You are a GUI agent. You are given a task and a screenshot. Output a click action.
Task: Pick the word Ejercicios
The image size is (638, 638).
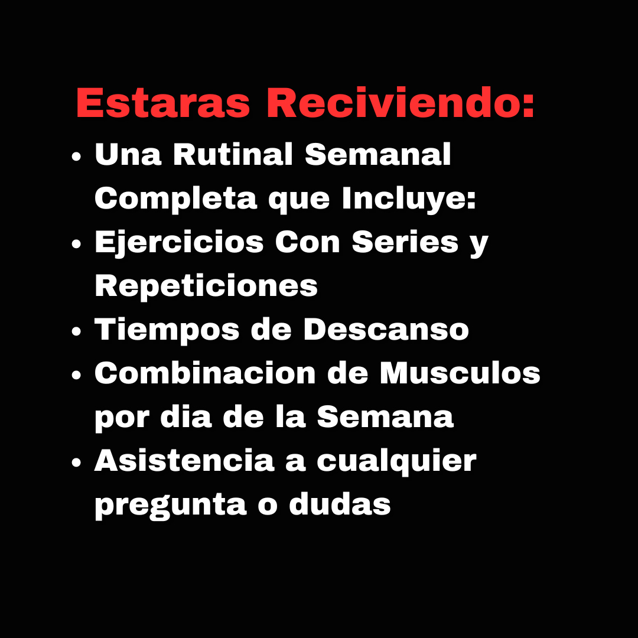point(179,243)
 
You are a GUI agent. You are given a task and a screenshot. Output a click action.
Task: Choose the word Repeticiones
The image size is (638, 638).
point(206,286)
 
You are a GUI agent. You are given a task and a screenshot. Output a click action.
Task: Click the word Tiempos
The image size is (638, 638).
point(167,330)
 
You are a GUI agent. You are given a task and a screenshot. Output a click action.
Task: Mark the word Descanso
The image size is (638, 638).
point(386,329)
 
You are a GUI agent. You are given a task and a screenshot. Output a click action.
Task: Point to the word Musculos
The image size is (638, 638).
point(460,373)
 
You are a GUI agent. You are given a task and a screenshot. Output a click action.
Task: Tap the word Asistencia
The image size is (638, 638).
point(184,460)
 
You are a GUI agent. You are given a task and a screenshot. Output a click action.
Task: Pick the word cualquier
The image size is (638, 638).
point(396,461)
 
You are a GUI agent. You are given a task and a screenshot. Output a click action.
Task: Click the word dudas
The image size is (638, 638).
point(340,504)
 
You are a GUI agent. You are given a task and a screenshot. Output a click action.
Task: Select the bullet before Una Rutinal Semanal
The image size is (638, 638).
point(76,158)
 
